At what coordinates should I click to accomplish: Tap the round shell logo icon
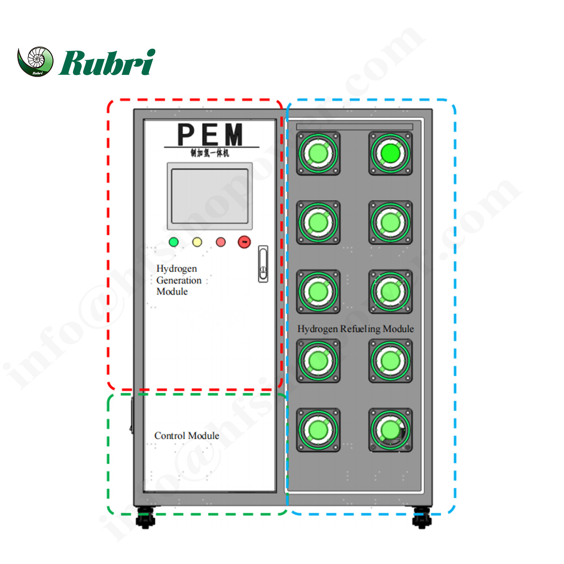click(36, 61)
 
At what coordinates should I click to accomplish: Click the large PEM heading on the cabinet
click(210, 134)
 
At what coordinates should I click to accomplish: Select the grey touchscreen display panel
click(209, 196)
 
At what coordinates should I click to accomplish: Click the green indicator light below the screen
click(174, 242)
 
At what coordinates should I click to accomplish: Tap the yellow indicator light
click(197, 242)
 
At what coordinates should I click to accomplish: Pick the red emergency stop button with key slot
click(244, 242)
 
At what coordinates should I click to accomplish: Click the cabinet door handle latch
click(263, 264)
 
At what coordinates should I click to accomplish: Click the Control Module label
click(187, 436)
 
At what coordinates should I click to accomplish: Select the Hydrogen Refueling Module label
click(355, 329)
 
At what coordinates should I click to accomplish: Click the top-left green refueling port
click(318, 154)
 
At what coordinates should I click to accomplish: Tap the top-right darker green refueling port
click(390, 154)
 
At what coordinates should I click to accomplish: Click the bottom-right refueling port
click(390, 430)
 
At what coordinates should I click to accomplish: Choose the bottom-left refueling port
click(318, 430)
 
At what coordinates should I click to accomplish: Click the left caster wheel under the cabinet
click(145, 518)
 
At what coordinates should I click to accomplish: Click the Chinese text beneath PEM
click(210, 153)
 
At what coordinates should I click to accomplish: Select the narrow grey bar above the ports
click(355, 127)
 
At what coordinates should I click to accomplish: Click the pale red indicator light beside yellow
click(221, 242)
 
